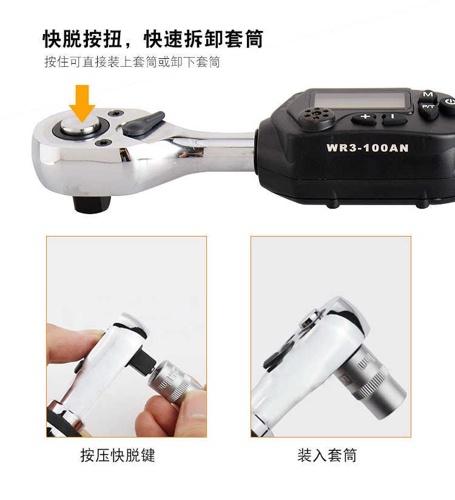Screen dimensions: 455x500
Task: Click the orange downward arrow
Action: pyautogui.click(x=83, y=103)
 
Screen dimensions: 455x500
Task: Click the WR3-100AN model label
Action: pyautogui.click(x=367, y=148)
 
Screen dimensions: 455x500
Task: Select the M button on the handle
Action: pyautogui.click(x=428, y=95)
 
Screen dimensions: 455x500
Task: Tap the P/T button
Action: pyautogui.click(x=428, y=107)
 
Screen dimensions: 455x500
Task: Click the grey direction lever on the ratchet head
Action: pyautogui.click(x=144, y=123)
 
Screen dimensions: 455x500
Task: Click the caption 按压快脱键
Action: pyautogui.click(x=117, y=455)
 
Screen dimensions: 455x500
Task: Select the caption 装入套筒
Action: pyautogui.click(x=327, y=455)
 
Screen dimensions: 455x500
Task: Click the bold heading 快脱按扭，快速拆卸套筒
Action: pyautogui.click(x=153, y=39)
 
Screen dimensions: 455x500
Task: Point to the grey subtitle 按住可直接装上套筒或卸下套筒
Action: pyautogui.click(x=132, y=61)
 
